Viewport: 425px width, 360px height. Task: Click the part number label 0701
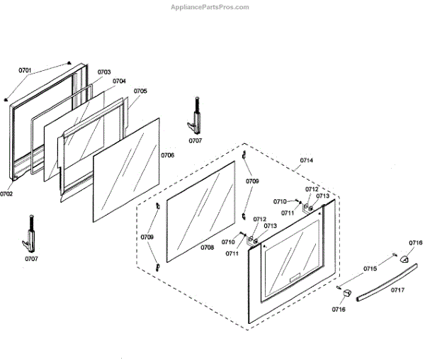click(x=25, y=70)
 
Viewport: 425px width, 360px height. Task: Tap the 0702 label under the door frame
click(x=7, y=193)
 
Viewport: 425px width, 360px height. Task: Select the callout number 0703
click(x=104, y=72)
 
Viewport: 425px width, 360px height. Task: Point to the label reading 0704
click(x=119, y=81)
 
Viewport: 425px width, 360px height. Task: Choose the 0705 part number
click(x=140, y=91)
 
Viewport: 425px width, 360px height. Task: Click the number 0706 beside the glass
click(x=167, y=154)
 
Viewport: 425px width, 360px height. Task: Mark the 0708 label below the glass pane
click(x=207, y=247)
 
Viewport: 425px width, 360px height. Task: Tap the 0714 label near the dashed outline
click(x=306, y=161)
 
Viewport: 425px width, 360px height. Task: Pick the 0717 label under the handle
click(x=397, y=290)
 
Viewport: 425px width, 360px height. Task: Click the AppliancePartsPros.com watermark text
click(x=210, y=7)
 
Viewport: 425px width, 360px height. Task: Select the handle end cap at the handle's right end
click(x=405, y=259)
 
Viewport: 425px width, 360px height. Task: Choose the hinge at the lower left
click(x=30, y=233)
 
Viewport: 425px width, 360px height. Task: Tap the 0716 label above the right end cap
click(x=415, y=243)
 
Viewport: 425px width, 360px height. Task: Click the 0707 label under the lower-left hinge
click(x=32, y=259)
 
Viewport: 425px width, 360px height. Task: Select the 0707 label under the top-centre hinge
click(x=195, y=140)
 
